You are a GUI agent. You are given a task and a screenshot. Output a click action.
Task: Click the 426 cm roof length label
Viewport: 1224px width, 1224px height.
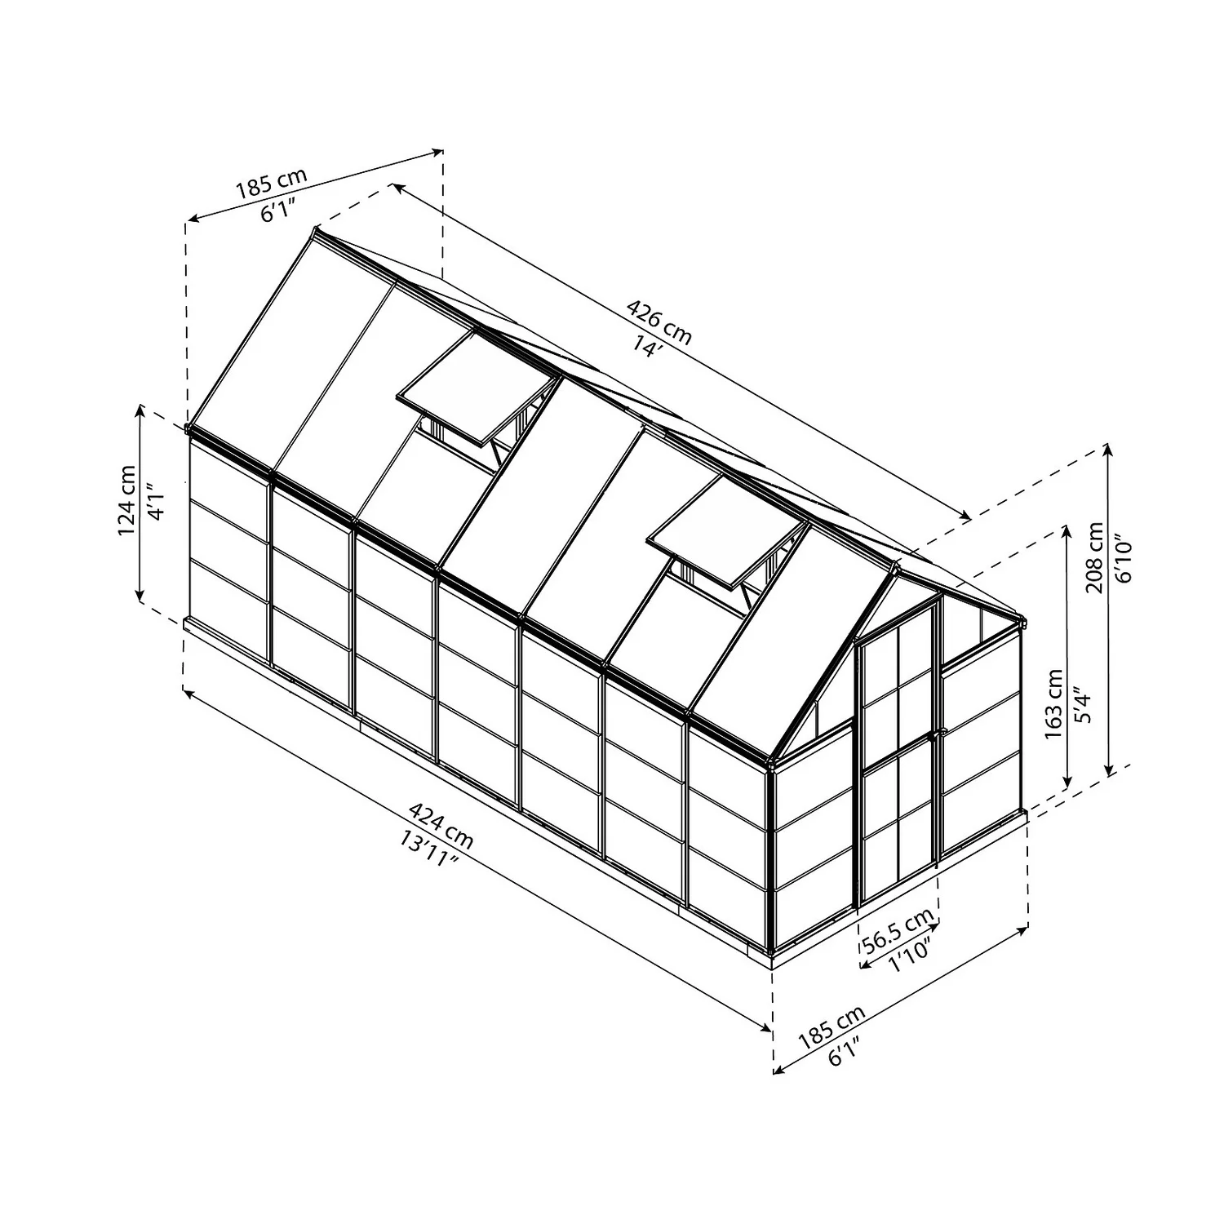tap(659, 322)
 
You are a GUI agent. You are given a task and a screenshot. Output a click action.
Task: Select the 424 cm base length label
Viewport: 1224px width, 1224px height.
tap(441, 824)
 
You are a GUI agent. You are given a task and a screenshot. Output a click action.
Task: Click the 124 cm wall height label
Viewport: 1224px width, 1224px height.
tap(128, 500)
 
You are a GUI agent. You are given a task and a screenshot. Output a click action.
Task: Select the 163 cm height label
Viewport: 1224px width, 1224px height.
tap(1054, 704)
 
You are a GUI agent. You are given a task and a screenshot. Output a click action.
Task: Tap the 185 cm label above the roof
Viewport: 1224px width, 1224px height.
tap(272, 184)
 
